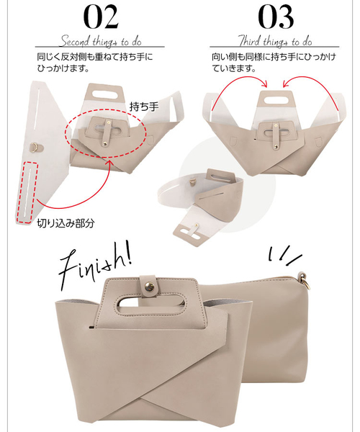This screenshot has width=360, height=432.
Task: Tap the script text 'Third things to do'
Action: click(274, 42)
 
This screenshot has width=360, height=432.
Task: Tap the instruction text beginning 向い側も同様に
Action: click(271, 62)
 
